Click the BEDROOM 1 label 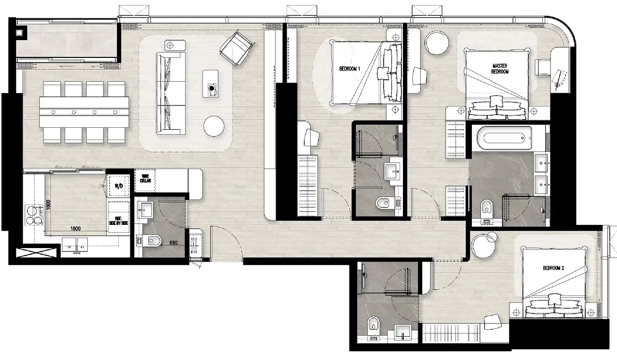[x=349, y=69]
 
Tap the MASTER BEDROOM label [x=500, y=69]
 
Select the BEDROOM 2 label [x=554, y=268]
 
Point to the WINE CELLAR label [x=145, y=178]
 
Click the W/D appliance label [x=119, y=186]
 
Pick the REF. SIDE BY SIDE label [x=118, y=221]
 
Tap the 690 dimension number [x=173, y=243]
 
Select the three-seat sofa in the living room [x=171, y=93]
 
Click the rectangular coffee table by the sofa [x=211, y=84]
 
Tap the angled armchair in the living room [x=237, y=49]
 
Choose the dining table [x=84, y=112]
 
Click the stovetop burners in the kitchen [x=34, y=215]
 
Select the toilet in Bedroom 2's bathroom [x=374, y=326]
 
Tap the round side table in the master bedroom [x=437, y=43]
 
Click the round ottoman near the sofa [x=214, y=126]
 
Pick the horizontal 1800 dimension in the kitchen [x=75, y=229]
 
